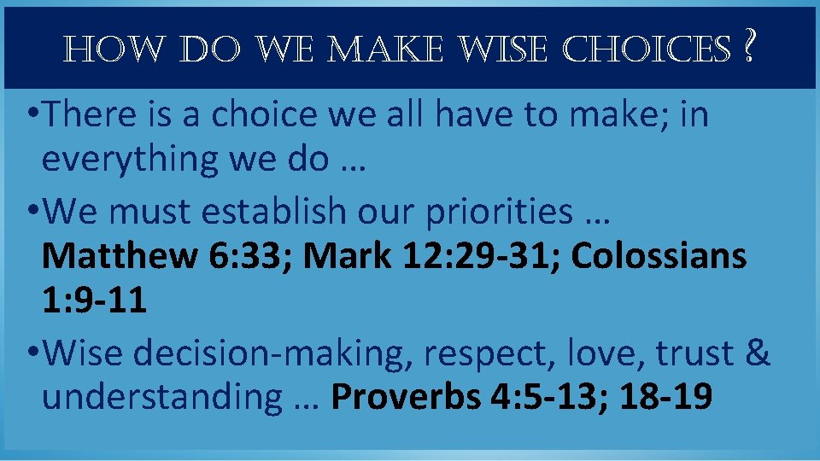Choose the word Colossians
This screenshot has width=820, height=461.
click(x=659, y=255)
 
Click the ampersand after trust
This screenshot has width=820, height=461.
click(x=758, y=353)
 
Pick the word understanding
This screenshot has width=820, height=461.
click(x=161, y=397)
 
